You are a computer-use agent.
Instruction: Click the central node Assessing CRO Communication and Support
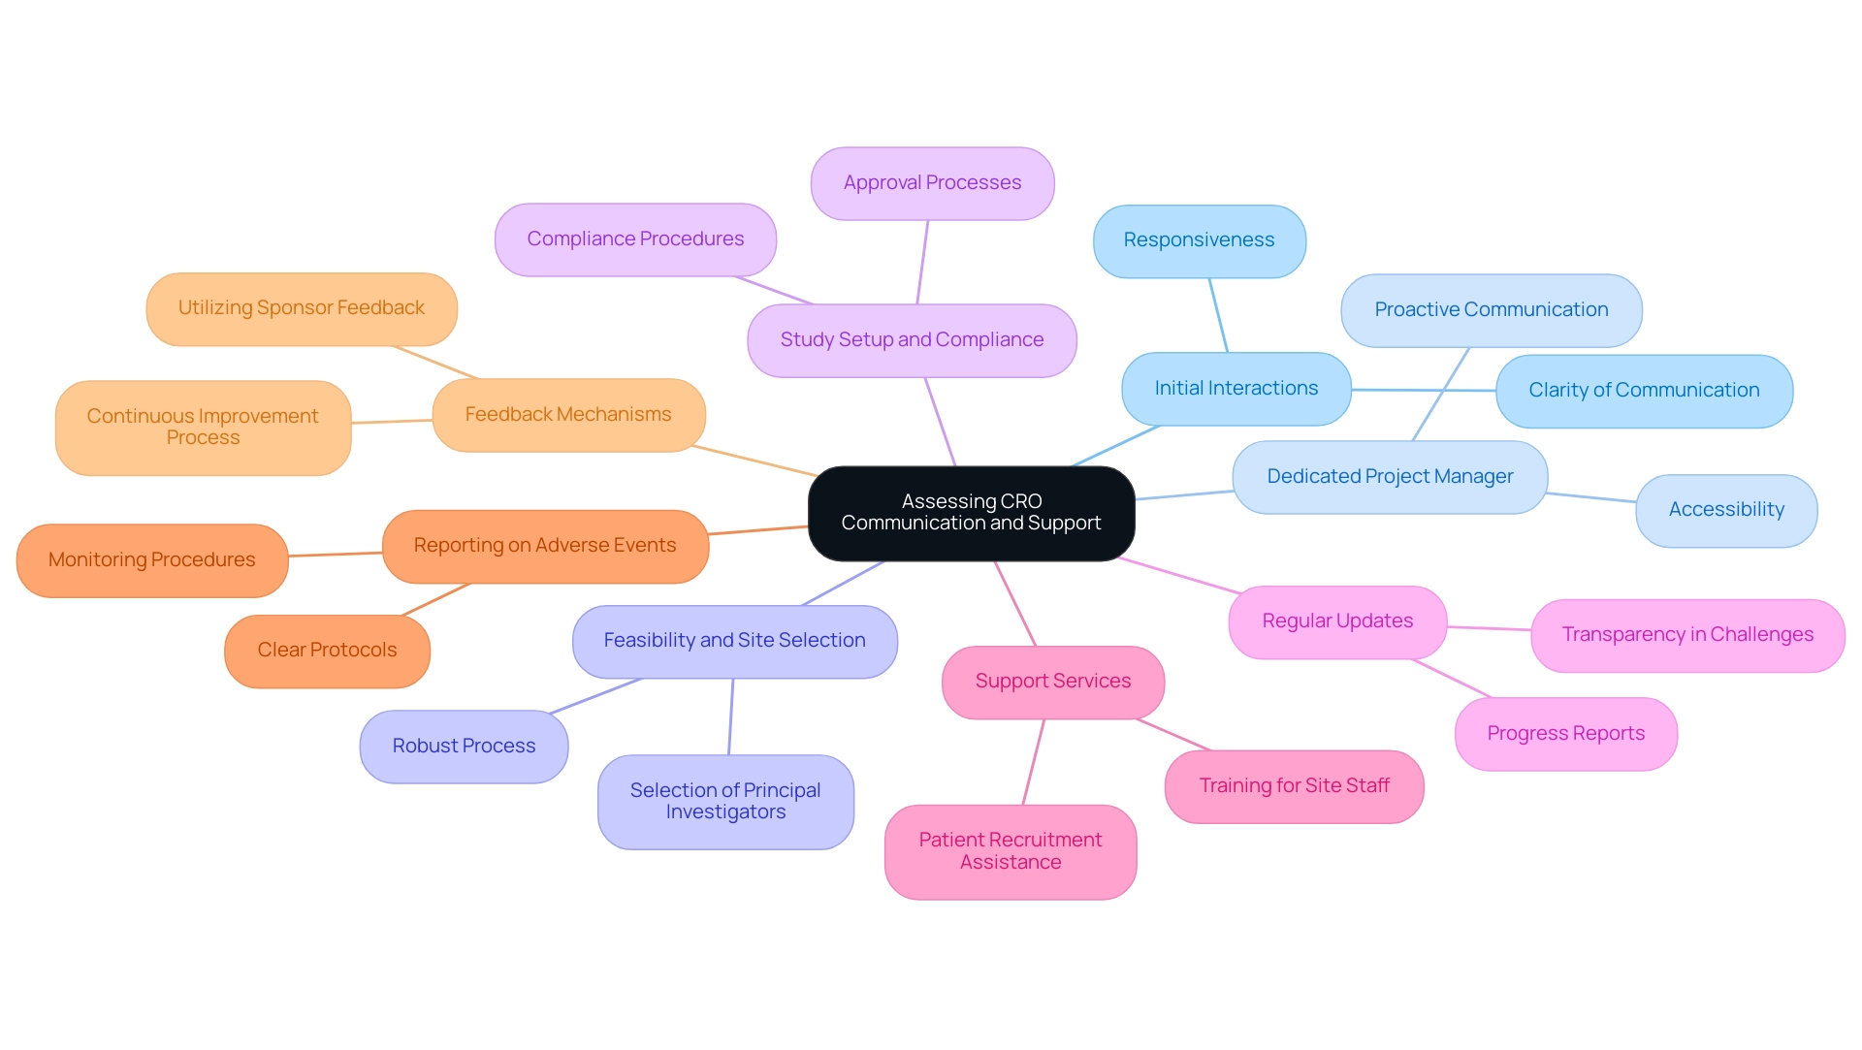[x=971, y=513]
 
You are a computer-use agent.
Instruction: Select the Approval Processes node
[x=932, y=183]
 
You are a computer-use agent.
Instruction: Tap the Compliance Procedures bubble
[x=635, y=239]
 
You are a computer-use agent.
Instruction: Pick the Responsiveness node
[x=1199, y=240]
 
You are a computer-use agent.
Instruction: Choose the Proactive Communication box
[x=1491, y=310]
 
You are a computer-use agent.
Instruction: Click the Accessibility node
[x=1726, y=510]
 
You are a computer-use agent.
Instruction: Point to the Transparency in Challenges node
[x=1687, y=635]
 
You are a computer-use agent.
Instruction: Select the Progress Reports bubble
[x=1565, y=734]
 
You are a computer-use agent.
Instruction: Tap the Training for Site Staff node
[x=1294, y=786]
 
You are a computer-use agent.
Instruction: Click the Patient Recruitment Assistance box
[x=1011, y=851]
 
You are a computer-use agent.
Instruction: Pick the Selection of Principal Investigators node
[x=725, y=802]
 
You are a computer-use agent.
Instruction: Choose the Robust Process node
[x=464, y=747]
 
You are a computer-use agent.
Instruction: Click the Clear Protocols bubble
[x=327, y=651]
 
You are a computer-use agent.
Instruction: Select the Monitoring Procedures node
[x=152, y=560]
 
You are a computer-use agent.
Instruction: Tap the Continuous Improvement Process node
[x=203, y=428]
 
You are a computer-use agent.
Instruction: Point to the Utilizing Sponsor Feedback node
[x=302, y=308]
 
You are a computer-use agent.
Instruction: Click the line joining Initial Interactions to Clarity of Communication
[x=1424, y=390]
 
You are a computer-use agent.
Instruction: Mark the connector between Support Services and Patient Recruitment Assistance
[x=1034, y=762]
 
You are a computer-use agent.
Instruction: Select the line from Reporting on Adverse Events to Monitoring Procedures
[x=336, y=555]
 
